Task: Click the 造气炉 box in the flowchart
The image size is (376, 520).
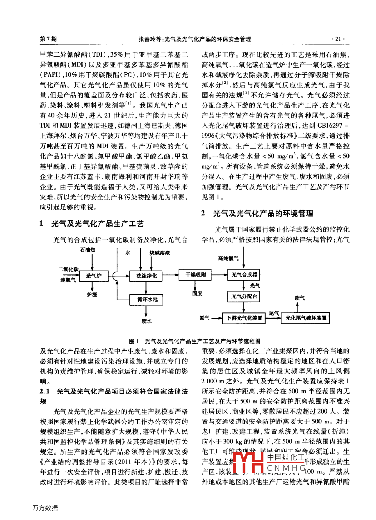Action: [x=94, y=276]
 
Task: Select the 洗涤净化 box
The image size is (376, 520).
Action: [x=147, y=276]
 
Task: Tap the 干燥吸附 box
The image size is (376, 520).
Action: [x=196, y=274]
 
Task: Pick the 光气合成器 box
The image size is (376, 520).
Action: [x=244, y=274]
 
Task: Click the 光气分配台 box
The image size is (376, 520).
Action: [x=244, y=296]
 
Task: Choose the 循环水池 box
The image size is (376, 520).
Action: [x=147, y=299]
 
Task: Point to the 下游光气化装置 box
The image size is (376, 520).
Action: [x=244, y=318]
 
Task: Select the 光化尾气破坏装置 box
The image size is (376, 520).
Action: [x=306, y=318]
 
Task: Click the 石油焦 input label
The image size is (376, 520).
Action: [x=88, y=250]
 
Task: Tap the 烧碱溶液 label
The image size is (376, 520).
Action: [x=160, y=253]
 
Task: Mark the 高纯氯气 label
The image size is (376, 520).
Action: [x=228, y=258]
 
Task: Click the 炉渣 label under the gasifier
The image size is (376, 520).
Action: [x=92, y=294]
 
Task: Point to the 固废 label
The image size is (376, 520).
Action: [x=197, y=293]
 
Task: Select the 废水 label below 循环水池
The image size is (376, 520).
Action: [x=147, y=321]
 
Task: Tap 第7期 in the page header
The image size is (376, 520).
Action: [x=48, y=39]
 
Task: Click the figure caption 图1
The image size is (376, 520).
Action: [x=134, y=341]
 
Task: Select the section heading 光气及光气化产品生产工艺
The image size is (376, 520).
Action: [x=97, y=224]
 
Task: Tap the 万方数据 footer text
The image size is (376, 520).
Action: [x=45, y=508]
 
